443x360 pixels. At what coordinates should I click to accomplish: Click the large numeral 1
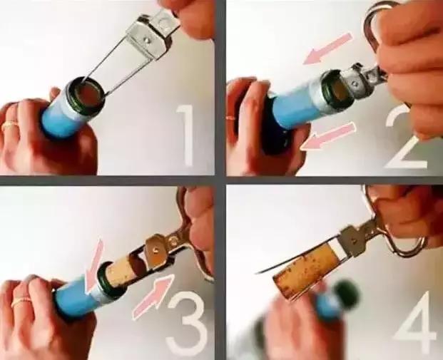[185, 135]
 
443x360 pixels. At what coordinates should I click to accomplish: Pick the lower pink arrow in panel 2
[327, 136]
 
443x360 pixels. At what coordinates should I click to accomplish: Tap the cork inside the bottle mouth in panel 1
[88, 95]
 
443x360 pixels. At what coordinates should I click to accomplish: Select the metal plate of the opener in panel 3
[156, 248]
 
